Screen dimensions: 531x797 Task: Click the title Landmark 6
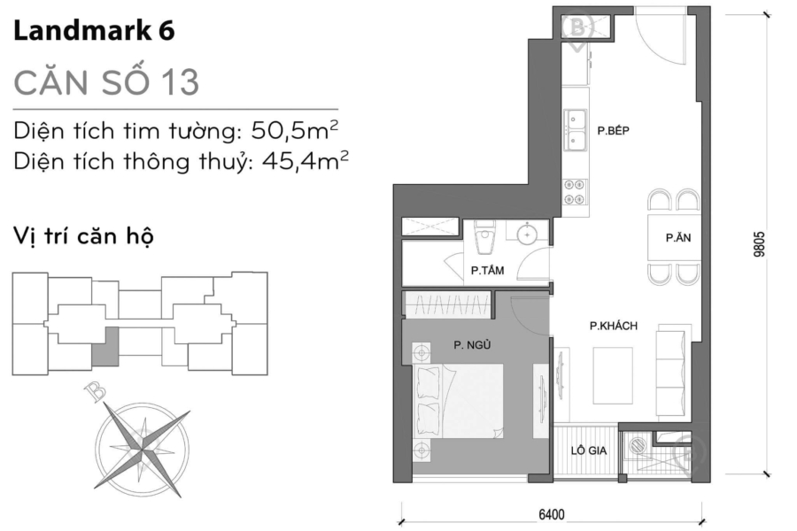[94, 32]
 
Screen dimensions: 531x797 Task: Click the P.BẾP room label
[613, 131]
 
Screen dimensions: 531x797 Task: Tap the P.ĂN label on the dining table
[678, 238]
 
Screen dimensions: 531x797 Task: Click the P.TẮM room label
[488, 272]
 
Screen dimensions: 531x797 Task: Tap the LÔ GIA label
[588, 450]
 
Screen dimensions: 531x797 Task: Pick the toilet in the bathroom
[483, 237]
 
